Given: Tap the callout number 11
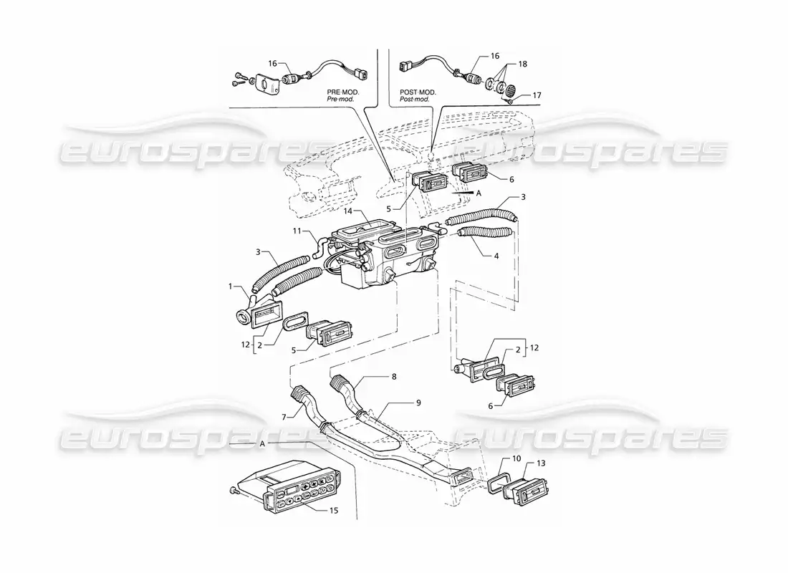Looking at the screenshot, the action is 298,231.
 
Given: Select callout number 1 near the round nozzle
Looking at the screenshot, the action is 231,286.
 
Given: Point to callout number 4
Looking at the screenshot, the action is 496,256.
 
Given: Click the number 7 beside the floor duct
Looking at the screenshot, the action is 284,417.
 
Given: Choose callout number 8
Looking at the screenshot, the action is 394,375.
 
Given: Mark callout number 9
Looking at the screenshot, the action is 418,403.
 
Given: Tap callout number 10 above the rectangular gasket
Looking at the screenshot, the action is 517,458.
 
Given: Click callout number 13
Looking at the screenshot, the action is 541,463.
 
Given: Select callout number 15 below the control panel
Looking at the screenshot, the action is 334,510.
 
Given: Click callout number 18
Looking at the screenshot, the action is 523,64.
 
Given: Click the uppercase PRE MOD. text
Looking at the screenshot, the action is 341,92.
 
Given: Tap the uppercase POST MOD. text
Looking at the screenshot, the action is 418,92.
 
